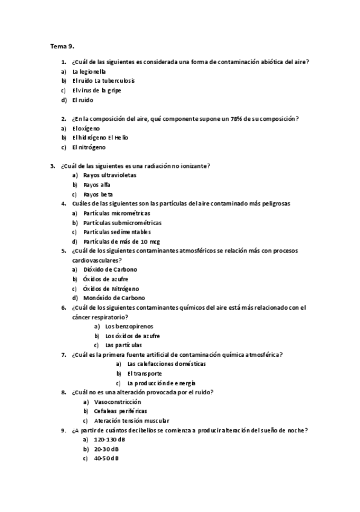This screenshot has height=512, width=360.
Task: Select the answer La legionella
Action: [88, 71]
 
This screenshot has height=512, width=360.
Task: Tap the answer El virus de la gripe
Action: [96, 91]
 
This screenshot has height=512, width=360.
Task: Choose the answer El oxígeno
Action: [86, 129]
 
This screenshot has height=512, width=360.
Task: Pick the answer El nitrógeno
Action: [88, 147]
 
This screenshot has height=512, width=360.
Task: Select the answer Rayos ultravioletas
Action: [110, 175]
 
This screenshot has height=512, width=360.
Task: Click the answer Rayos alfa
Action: [97, 185]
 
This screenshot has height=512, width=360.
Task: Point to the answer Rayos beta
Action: [98, 194]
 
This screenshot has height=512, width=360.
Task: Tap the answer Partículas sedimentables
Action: [117, 232]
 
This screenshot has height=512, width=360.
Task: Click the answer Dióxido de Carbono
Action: [111, 269]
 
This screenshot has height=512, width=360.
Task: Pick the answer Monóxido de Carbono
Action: [114, 298]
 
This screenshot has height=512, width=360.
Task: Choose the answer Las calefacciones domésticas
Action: [166, 364]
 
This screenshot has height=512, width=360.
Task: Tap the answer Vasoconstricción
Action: [117, 402]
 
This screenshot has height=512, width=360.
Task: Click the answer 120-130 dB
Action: [106, 440]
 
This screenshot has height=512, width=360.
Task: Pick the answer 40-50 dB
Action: [106, 458]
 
